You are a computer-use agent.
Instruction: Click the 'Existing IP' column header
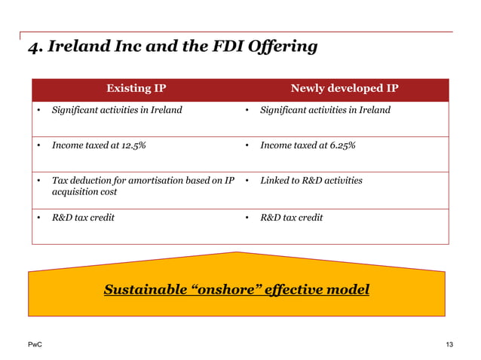(x=136, y=89)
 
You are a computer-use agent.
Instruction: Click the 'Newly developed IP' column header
(x=345, y=89)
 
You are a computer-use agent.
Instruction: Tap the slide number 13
(x=449, y=345)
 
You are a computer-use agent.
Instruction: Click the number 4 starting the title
(x=32, y=47)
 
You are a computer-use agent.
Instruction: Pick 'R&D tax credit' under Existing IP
(x=83, y=218)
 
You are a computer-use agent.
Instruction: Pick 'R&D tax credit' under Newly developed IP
(x=291, y=218)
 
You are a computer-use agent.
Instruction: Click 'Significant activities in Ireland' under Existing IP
(x=116, y=111)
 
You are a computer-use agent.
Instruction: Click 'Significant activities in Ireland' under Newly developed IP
(x=325, y=111)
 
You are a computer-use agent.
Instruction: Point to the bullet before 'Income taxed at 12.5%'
(x=38, y=146)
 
